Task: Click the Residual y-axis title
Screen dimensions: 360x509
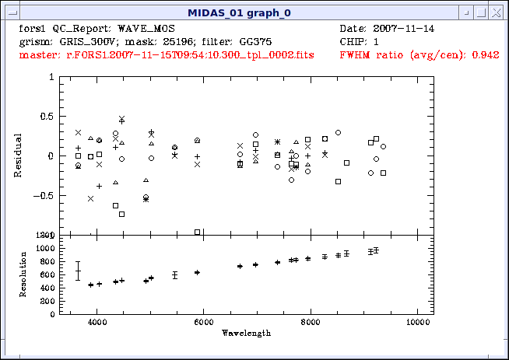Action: [18, 156]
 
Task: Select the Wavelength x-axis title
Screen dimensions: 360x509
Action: [245, 332]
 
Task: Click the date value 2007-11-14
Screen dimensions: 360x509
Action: [405, 29]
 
